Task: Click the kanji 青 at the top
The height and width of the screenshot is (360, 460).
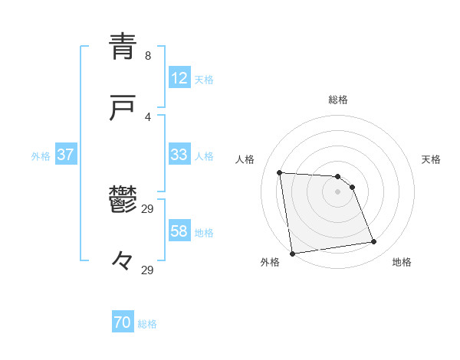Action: [x=123, y=47]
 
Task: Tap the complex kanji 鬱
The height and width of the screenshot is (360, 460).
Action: [x=123, y=201]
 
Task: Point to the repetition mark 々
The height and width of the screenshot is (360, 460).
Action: [x=123, y=261]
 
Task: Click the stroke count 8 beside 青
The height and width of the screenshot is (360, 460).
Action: [x=147, y=56]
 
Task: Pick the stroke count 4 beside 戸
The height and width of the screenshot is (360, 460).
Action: [x=147, y=116]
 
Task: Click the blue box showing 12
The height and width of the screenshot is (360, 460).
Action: [x=179, y=78]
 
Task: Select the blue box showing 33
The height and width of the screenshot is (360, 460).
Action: [x=179, y=155]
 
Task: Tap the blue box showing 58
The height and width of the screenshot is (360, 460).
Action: [x=179, y=231]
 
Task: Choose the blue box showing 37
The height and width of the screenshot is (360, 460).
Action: [x=66, y=155]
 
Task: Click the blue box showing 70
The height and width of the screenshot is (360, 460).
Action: [x=123, y=323]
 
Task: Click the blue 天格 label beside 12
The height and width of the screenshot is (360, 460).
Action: [x=204, y=80]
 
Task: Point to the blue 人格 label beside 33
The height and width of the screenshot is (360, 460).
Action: [x=204, y=156]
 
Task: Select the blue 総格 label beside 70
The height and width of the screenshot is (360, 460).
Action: [x=147, y=325]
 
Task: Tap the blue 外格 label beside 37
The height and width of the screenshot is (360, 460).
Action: [x=41, y=156]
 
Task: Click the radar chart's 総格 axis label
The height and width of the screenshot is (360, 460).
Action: [x=338, y=100]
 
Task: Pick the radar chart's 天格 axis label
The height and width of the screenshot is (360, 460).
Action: [x=432, y=159]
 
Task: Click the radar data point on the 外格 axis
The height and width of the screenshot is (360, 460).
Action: [x=292, y=253]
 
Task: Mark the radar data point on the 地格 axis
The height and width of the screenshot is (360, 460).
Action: [x=374, y=242]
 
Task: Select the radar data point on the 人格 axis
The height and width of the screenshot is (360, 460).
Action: [x=280, y=172]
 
